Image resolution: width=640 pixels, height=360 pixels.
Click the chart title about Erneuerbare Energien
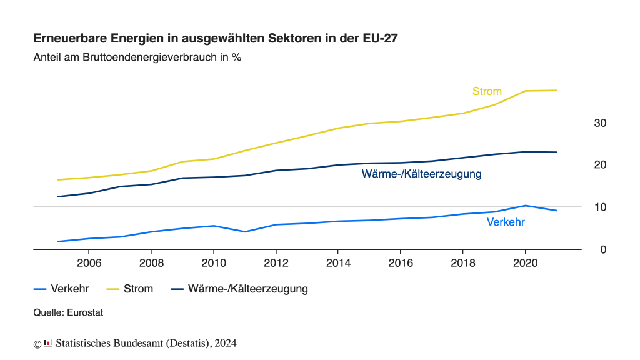tap(215, 38)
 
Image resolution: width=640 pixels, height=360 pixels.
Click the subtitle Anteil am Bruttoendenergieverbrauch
tap(137, 57)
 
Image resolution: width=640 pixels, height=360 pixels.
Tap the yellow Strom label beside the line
tap(487, 91)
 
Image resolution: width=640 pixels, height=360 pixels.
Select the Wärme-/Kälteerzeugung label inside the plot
tap(421, 174)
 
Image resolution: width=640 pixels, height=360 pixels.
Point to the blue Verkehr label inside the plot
tap(506, 222)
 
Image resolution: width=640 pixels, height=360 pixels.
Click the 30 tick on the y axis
tap(600, 123)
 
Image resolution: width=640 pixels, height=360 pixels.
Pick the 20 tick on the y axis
tap(600, 165)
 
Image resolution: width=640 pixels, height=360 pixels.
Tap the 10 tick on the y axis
tap(600, 207)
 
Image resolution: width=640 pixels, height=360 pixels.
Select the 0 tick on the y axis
tap(602, 249)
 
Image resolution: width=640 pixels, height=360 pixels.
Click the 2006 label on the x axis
tap(89, 262)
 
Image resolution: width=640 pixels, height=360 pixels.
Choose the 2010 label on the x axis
tap(214, 262)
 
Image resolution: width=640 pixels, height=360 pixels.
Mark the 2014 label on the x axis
tap(338, 262)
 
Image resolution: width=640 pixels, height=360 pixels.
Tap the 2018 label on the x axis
tap(462, 262)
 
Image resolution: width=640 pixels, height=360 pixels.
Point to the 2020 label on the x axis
tap(525, 262)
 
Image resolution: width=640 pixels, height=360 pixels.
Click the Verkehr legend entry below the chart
tap(69, 289)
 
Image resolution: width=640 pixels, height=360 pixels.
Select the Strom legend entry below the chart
tap(138, 289)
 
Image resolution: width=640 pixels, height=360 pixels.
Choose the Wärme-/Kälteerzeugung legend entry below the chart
tap(247, 289)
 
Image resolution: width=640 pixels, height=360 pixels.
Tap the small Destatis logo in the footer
tap(48, 343)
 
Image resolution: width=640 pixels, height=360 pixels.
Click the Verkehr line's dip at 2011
tap(245, 232)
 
